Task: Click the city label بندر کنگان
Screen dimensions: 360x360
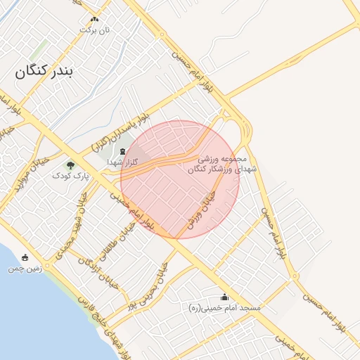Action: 48,70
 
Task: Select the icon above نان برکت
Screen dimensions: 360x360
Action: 95,19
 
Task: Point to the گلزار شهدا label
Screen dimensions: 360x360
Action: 121,162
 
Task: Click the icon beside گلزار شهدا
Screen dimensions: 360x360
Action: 122,151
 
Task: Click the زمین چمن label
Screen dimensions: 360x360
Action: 26,269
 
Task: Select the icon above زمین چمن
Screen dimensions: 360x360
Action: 26,257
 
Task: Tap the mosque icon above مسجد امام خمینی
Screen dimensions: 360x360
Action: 225,297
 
